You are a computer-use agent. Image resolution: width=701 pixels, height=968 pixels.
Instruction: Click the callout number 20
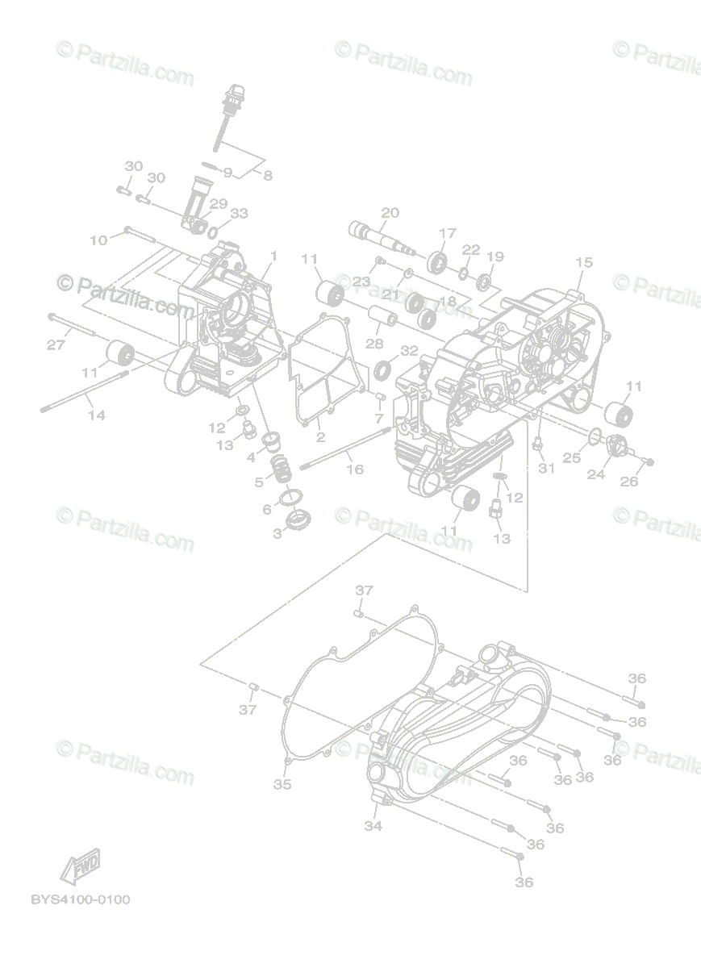(x=390, y=213)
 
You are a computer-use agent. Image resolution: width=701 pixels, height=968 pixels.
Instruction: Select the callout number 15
(x=584, y=262)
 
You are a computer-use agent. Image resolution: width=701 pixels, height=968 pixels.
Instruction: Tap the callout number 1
(x=273, y=256)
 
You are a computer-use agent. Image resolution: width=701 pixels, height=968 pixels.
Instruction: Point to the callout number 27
(x=55, y=345)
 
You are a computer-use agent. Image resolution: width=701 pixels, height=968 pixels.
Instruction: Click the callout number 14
(x=97, y=415)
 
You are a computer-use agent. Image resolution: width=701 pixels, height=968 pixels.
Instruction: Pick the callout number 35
(x=282, y=784)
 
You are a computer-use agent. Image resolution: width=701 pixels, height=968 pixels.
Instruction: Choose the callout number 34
(x=372, y=825)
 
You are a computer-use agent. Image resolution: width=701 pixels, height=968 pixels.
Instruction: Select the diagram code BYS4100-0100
(x=80, y=899)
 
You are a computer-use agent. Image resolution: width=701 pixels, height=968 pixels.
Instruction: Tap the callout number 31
(x=547, y=469)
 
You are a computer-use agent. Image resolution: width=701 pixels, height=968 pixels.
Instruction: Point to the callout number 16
(x=354, y=469)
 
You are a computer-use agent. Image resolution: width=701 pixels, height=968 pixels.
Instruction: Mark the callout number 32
(x=409, y=350)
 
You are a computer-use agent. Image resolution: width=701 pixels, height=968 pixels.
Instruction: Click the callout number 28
(x=373, y=344)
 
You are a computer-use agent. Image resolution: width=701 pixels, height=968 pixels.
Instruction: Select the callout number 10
(x=98, y=240)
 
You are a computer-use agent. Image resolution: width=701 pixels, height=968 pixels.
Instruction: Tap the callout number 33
(x=239, y=214)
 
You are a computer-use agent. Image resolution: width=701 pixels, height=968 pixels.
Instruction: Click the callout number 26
(x=628, y=482)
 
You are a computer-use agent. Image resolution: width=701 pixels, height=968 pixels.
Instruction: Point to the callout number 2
(x=320, y=437)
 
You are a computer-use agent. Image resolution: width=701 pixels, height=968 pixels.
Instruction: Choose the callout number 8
(x=268, y=174)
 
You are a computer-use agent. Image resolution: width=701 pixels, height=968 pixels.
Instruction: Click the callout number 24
(x=595, y=475)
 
